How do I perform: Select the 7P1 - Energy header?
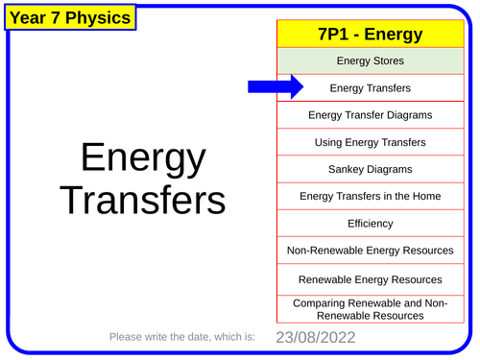tap(370, 35)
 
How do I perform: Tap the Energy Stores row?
tap(370, 61)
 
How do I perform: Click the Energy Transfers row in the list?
tap(370, 88)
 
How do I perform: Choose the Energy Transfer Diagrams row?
tap(370, 115)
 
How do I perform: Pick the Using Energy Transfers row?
tap(370, 142)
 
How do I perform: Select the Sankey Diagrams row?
tap(370, 169)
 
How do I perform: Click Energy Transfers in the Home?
tap(370, 196)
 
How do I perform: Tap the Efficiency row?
tap(370, 223)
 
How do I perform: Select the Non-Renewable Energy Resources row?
tap(370, 251)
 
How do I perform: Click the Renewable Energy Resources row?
tap(370, 279)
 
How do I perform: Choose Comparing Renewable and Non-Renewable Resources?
tap(370, 308)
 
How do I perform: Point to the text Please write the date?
tap(182, 337)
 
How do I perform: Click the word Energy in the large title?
tap(142, 160)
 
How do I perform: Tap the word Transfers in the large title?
tap(142, 201)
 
